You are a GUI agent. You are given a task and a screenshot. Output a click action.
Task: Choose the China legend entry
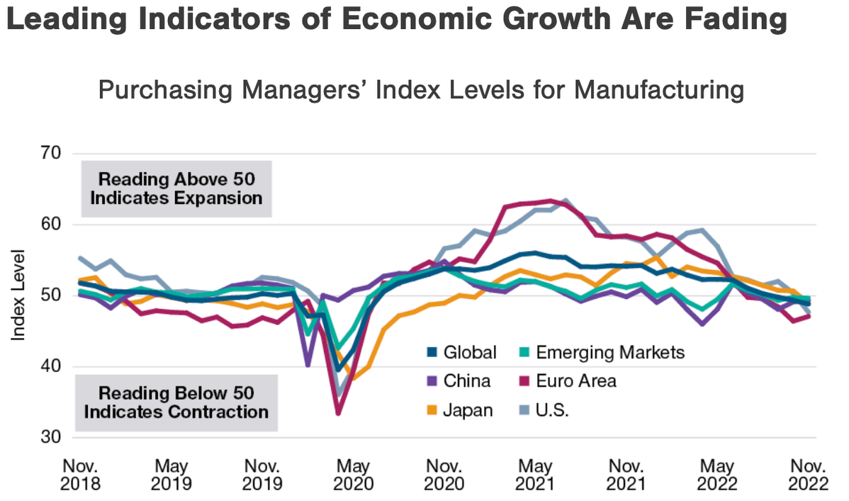[466, 381]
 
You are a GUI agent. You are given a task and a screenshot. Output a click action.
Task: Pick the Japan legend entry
[468, 410]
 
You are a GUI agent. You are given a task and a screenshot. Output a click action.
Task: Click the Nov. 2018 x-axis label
[81, 475]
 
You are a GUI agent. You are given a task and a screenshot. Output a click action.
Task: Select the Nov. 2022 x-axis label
[809, 475]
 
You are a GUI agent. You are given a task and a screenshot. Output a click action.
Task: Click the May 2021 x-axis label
[535, 475]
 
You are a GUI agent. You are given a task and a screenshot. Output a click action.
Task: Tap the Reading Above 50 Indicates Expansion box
[176, 188]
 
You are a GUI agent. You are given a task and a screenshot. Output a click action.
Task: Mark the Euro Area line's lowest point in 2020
[339, 413]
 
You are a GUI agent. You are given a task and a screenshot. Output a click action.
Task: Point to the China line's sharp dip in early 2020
[308, 366]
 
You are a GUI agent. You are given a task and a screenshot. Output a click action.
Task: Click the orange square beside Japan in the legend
[432, 410]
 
